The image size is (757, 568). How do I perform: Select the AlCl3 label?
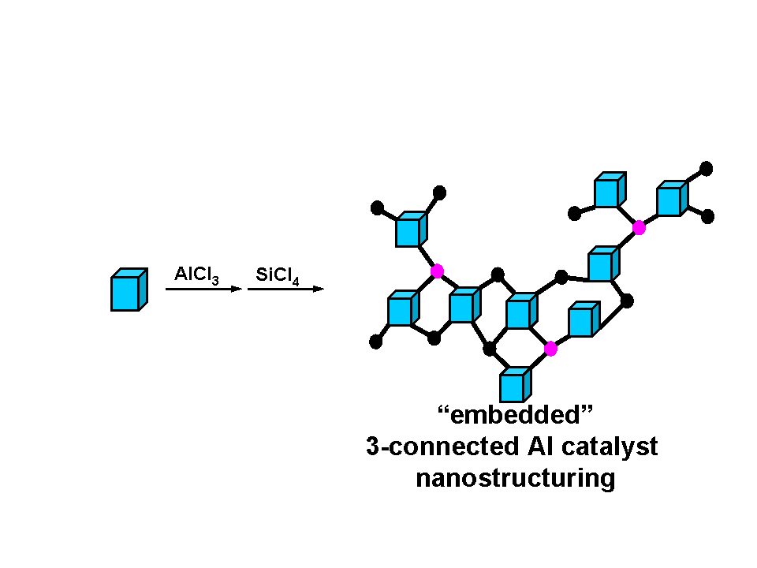[x=196, y=275]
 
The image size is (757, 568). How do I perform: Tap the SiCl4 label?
[x=278, y=275]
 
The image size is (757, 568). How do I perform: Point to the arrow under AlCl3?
[x=203, y=290]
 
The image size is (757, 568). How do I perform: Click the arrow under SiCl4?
[x=285, y=290]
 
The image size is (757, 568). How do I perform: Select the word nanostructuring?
[x=515, y=478]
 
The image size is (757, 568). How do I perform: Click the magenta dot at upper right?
[x=639, y=228]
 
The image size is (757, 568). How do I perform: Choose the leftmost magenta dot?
[x=437, y=271]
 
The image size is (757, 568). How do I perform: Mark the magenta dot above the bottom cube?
[x=550, y=348]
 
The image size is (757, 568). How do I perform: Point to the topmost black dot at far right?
[x=707, y=168]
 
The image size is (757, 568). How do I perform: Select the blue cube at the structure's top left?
[x=411, y=229]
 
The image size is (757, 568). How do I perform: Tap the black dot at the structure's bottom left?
[x=376, y=342]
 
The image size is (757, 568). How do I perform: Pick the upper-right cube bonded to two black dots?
[x=672, y=199]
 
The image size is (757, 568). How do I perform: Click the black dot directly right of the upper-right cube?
[x=707, y=216]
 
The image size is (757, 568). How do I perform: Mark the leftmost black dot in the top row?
[x=377, y=208]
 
